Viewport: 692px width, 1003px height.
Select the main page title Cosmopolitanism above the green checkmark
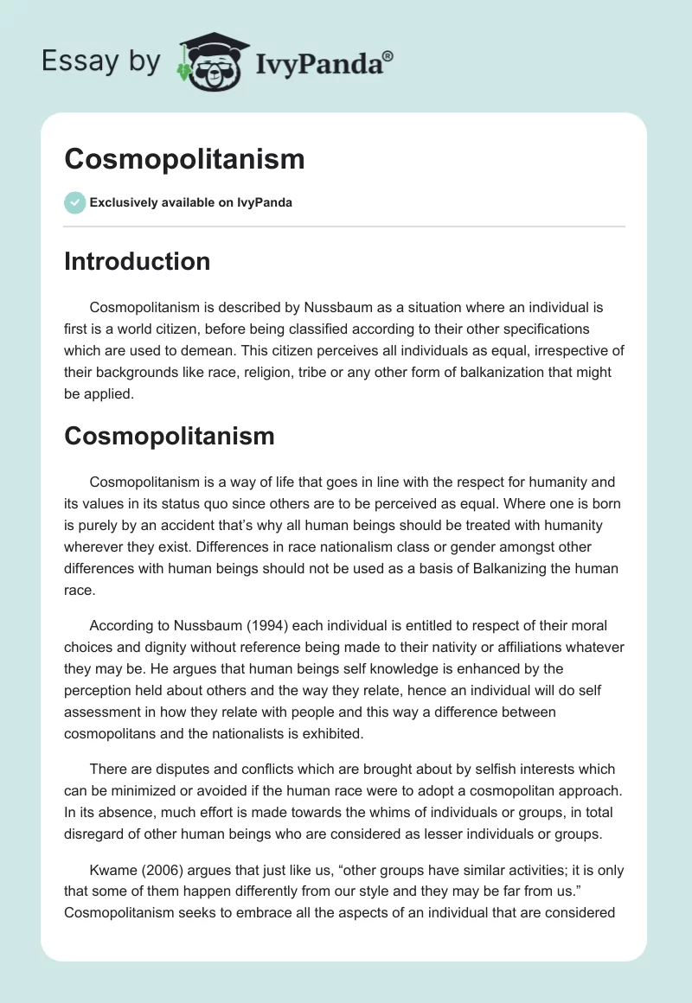[x=184, y=159]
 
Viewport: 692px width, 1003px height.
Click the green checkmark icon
[x=74, y=202]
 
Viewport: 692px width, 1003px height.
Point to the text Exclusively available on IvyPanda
[x=191, y=203]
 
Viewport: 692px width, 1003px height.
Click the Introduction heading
[x=138, y=261]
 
